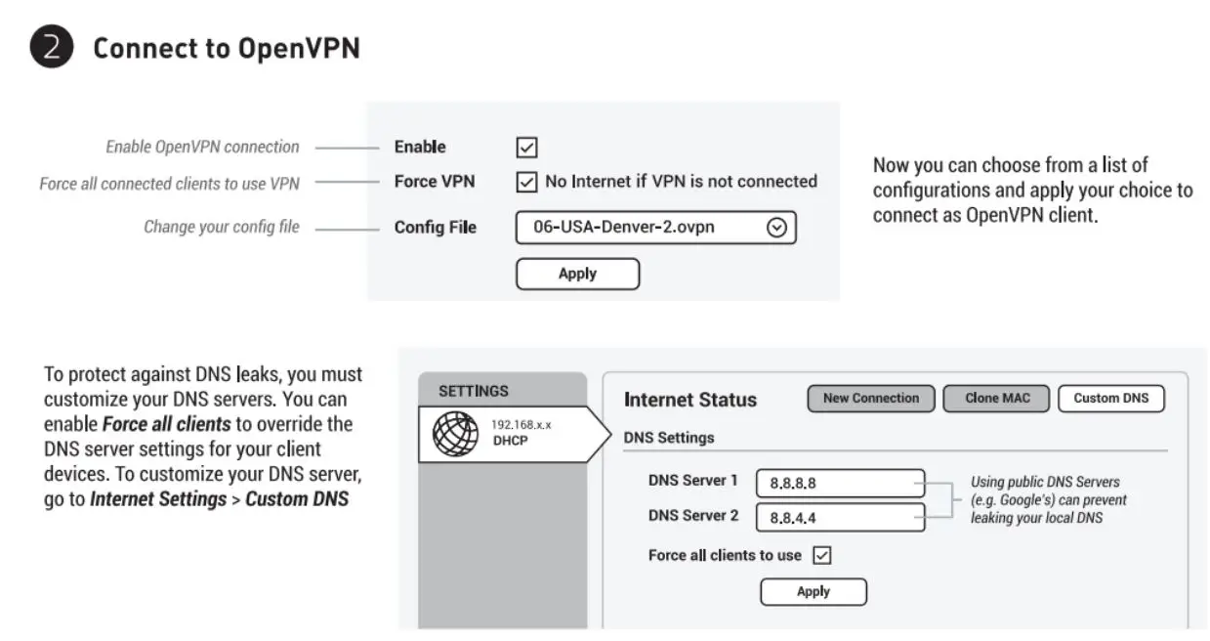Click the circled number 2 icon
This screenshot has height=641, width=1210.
coord(51,47)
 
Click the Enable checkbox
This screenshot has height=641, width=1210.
coord(526,148)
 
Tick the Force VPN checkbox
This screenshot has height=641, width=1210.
coord(526,182)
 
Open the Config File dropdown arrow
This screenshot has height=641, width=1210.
coord(776,228)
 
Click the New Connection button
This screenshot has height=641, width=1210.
coord(870,399)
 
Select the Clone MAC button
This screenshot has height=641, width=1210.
coord(994,399)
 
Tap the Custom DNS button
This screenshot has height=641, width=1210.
coord(1110,399)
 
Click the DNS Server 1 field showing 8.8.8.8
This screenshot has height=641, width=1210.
coord(839,483)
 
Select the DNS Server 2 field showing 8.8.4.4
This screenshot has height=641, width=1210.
coord(839,518)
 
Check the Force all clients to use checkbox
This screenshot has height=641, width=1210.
coord(821,556)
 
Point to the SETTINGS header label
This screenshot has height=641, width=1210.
coord(474,391)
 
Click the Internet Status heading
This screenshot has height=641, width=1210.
coord(689,400)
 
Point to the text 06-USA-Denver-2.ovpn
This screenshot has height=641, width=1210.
coord(623,228)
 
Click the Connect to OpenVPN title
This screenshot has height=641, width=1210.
coord(226,48)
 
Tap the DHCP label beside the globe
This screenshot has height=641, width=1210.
coord(510,440)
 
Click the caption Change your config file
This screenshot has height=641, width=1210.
coord(222,228)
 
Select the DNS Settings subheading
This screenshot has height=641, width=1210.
coord(668,438)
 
